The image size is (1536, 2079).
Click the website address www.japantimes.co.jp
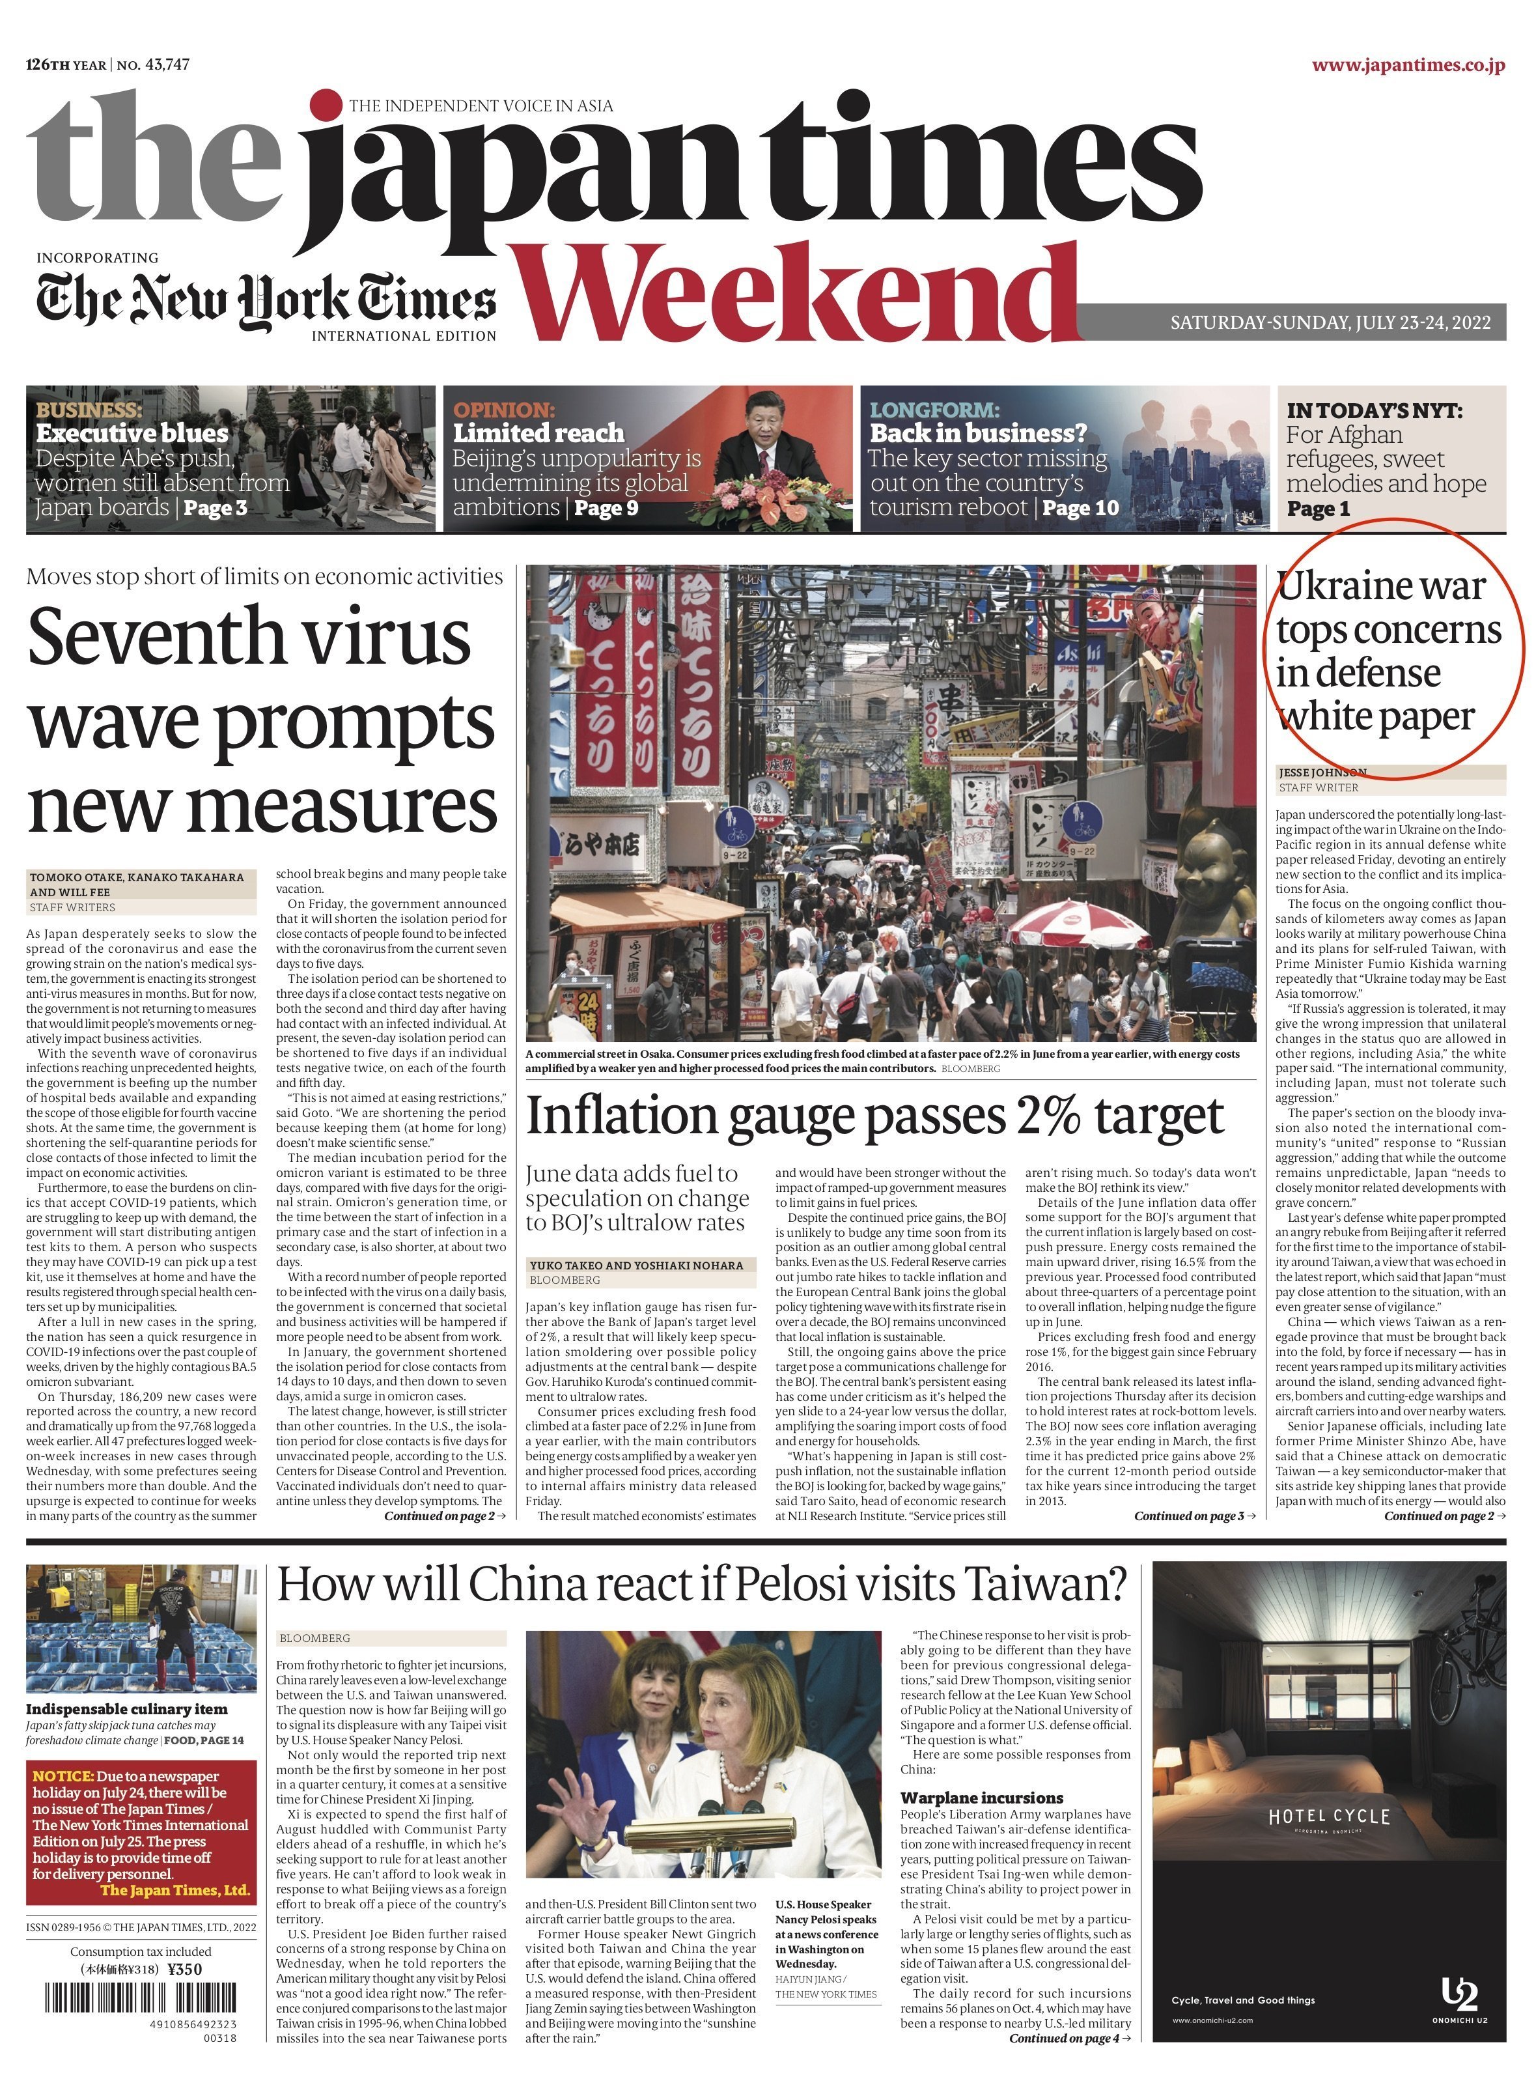pos(1408,65)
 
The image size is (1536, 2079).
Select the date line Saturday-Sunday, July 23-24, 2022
pos(1330,322)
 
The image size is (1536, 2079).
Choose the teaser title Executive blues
pos(132,433)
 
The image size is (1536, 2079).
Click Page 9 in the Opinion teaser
pos(606,507)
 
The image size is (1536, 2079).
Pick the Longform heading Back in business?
pos(978,433)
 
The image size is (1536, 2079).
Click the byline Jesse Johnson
pos(1322,772)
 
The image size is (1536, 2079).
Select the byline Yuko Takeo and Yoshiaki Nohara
pos(636,1266)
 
